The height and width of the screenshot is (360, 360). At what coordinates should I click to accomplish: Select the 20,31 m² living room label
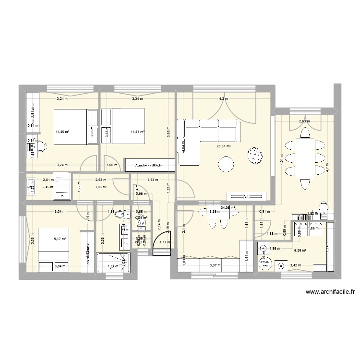(224, 147)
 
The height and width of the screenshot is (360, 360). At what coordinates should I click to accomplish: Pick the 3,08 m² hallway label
(101, 187)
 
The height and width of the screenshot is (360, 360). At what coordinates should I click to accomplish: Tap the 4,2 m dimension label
(224, 99)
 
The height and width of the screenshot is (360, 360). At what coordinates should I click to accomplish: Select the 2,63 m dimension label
(304, 121)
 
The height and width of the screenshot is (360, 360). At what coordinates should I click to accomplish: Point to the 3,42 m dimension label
(297, 265)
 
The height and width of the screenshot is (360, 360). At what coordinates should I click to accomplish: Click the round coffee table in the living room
(226, 165)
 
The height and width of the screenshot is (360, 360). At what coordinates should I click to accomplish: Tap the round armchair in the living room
(254, 155)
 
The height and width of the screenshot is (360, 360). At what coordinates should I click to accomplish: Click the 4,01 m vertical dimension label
(282, 158)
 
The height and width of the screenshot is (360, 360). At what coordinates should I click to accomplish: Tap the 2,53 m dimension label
(101, 180)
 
